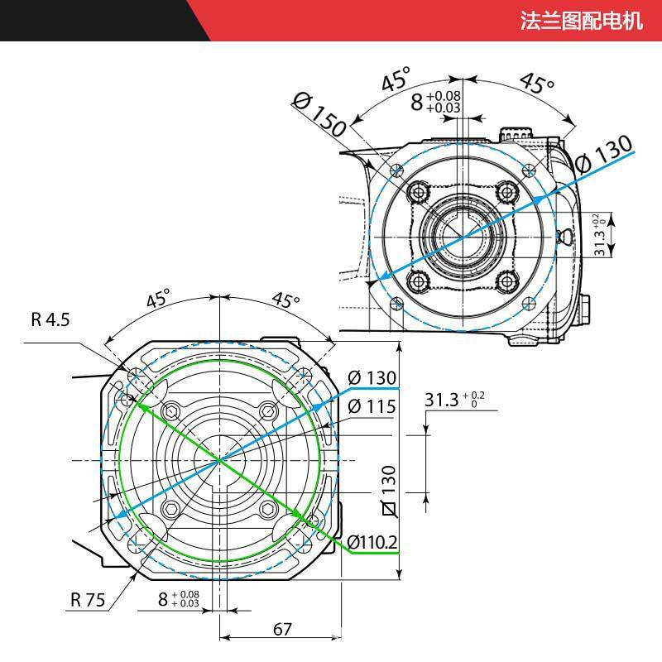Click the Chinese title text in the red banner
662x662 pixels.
(581, 20)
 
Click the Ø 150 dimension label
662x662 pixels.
(319, 115)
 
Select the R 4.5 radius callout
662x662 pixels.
(50, 319)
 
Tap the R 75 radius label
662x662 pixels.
(88, 599)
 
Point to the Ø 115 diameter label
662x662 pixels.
(372, 406)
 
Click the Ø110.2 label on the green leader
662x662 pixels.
(372, 543)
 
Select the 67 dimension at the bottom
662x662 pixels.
(282, 630)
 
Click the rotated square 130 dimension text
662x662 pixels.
(388, 491)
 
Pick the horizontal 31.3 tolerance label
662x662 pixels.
(454, 400)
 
